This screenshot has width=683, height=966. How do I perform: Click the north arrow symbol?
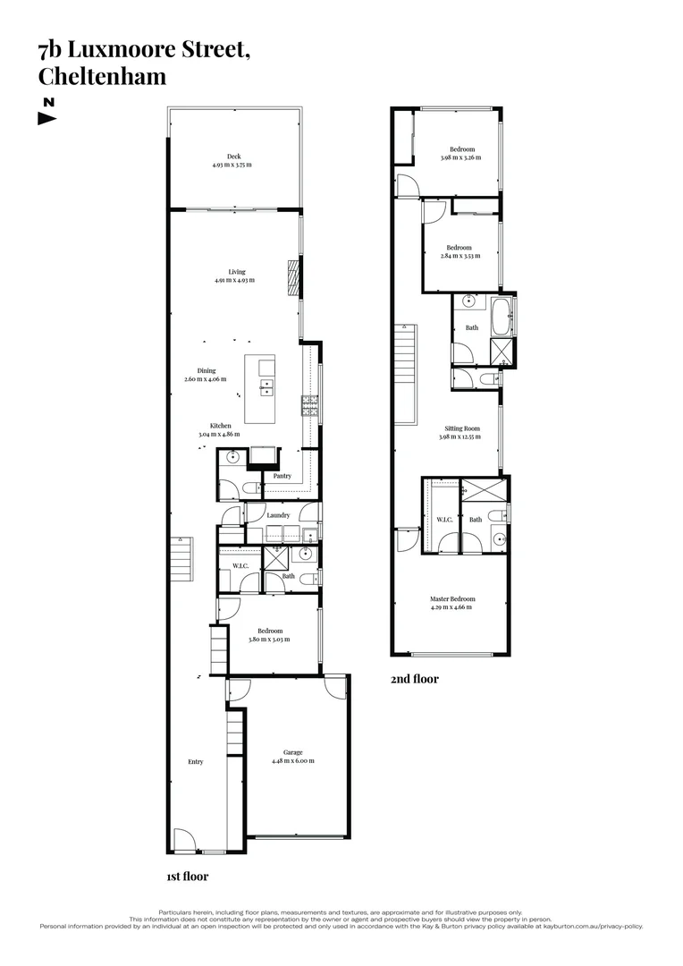(47, 118)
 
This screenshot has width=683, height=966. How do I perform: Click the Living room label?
(235, 272)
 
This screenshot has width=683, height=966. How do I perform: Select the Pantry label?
(282, 476)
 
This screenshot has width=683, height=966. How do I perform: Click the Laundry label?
(277, 515)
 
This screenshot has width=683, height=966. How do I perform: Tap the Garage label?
(292, 752)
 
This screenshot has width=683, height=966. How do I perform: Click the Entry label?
(195, 762)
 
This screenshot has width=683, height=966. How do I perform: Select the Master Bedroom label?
(451, 598)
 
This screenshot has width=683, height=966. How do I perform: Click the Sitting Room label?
(460, 428)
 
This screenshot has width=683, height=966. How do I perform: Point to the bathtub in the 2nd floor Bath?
(498, 310)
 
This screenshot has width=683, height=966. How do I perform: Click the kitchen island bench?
(261, 392)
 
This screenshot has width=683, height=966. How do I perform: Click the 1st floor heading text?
(187, 877)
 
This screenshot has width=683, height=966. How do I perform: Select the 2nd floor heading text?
(414, 679)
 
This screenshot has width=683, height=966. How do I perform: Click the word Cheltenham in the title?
(102, 76)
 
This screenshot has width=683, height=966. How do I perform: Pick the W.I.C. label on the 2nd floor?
(444, 519)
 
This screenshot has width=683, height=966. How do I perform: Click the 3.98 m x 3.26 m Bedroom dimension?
(460, 157)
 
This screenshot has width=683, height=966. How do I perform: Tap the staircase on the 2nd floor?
(406, 371)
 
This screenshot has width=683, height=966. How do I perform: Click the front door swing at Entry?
(183, 839)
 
